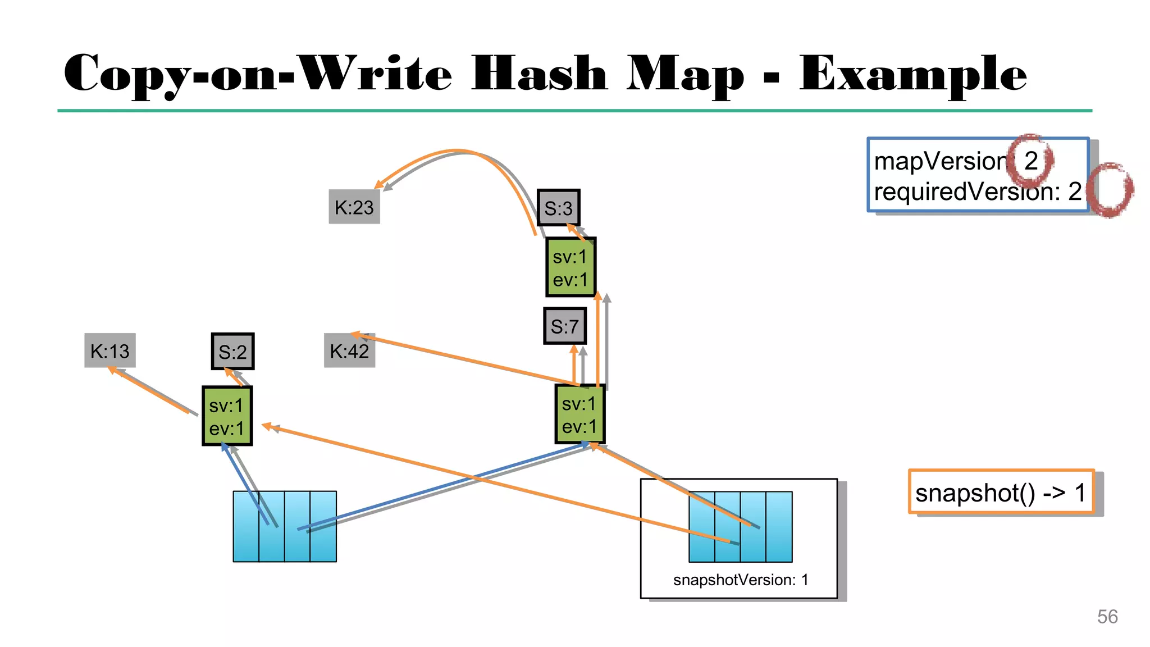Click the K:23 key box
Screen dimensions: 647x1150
[354, 207]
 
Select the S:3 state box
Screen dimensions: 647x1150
[558, 208]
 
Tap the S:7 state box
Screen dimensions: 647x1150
[564, 326]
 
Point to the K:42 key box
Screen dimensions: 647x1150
[349, 351]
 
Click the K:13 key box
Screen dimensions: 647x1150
[110, 351]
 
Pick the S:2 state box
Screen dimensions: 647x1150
[232, 352]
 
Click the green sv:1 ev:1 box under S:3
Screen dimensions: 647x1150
[570, 267]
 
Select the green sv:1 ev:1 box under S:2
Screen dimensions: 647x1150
[227, 416]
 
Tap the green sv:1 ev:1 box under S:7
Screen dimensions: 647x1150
[579, 414]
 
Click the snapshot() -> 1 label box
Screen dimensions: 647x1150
[1001, 492]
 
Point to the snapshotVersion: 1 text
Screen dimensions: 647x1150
[740, 580]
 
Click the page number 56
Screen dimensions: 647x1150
[1107, 617]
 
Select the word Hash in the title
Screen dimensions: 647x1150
[539, 74]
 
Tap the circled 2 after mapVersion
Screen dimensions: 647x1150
[1030, 161]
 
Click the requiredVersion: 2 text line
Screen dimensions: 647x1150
[977, 192]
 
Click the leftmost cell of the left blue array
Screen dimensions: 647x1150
[246, 526]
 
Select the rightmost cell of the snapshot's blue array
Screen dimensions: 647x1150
[779, 526]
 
